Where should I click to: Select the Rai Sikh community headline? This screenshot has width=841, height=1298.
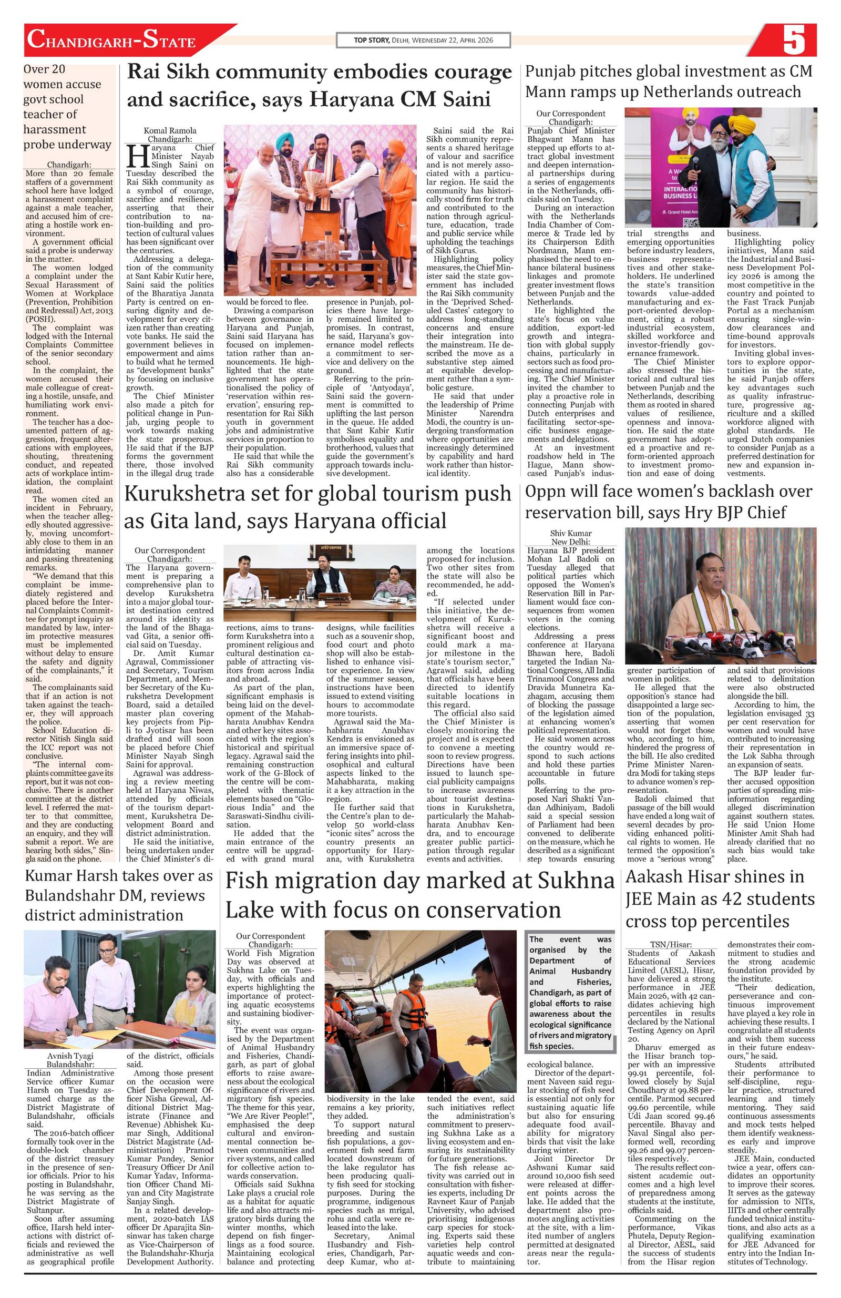click(319, 86)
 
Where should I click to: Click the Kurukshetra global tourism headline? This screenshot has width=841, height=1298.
click(318, 507)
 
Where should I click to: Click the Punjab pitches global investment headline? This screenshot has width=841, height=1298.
click(668, 81)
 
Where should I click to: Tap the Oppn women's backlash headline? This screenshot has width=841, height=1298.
click(668, 502)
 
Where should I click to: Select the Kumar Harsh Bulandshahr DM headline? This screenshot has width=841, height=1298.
click(119, 895)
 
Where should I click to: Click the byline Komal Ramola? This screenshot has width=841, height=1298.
click(170, 131)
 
